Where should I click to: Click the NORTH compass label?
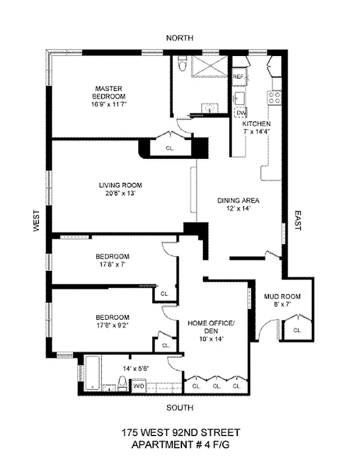180,38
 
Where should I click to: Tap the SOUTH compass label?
180,407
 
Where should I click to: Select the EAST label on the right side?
296,221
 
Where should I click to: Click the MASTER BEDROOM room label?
109,92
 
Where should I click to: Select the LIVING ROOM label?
120,186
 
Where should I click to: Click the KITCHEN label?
256,124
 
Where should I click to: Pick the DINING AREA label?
238,201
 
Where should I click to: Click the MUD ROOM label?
282,297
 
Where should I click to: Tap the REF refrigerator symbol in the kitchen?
239,76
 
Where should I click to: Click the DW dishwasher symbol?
242,113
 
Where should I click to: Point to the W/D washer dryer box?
139,386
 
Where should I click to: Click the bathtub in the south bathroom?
92,376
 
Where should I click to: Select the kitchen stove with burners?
274,97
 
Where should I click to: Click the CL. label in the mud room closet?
298,330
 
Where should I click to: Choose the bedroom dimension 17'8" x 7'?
111,264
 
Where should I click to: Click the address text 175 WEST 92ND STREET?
180,433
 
